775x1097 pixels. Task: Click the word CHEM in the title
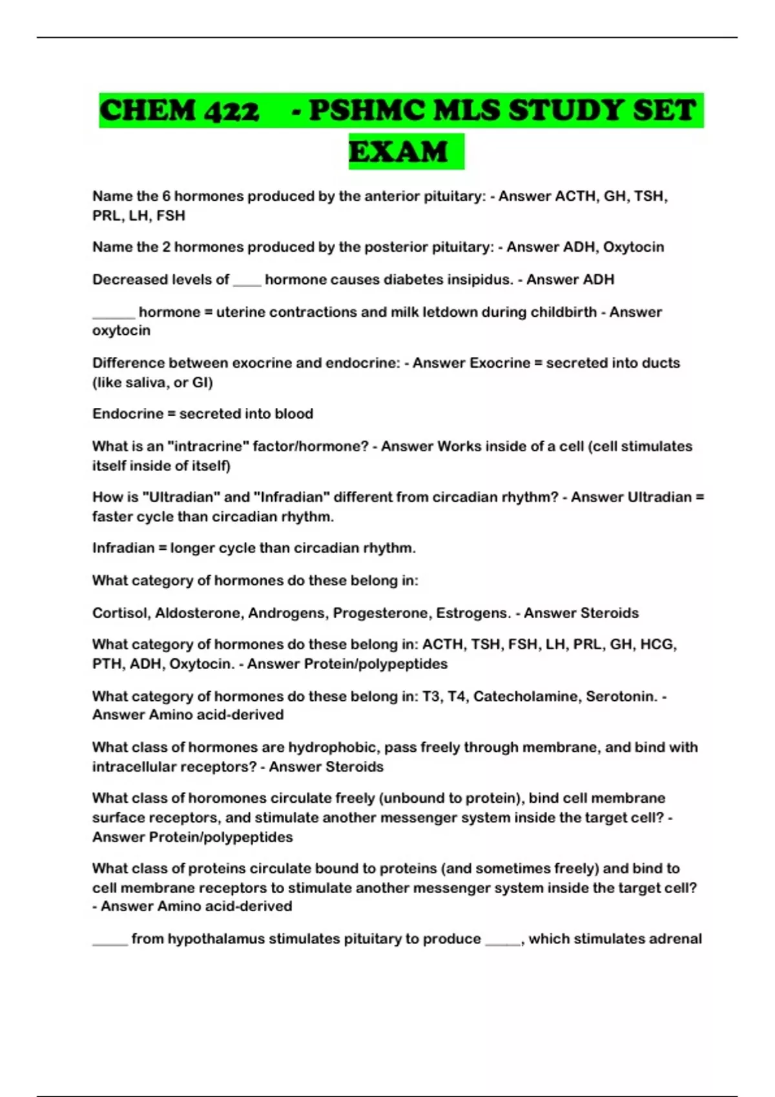[148, 110]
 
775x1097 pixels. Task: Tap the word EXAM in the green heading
[398, 152]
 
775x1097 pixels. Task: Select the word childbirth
[563, 312]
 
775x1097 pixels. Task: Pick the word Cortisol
[120, 612]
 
